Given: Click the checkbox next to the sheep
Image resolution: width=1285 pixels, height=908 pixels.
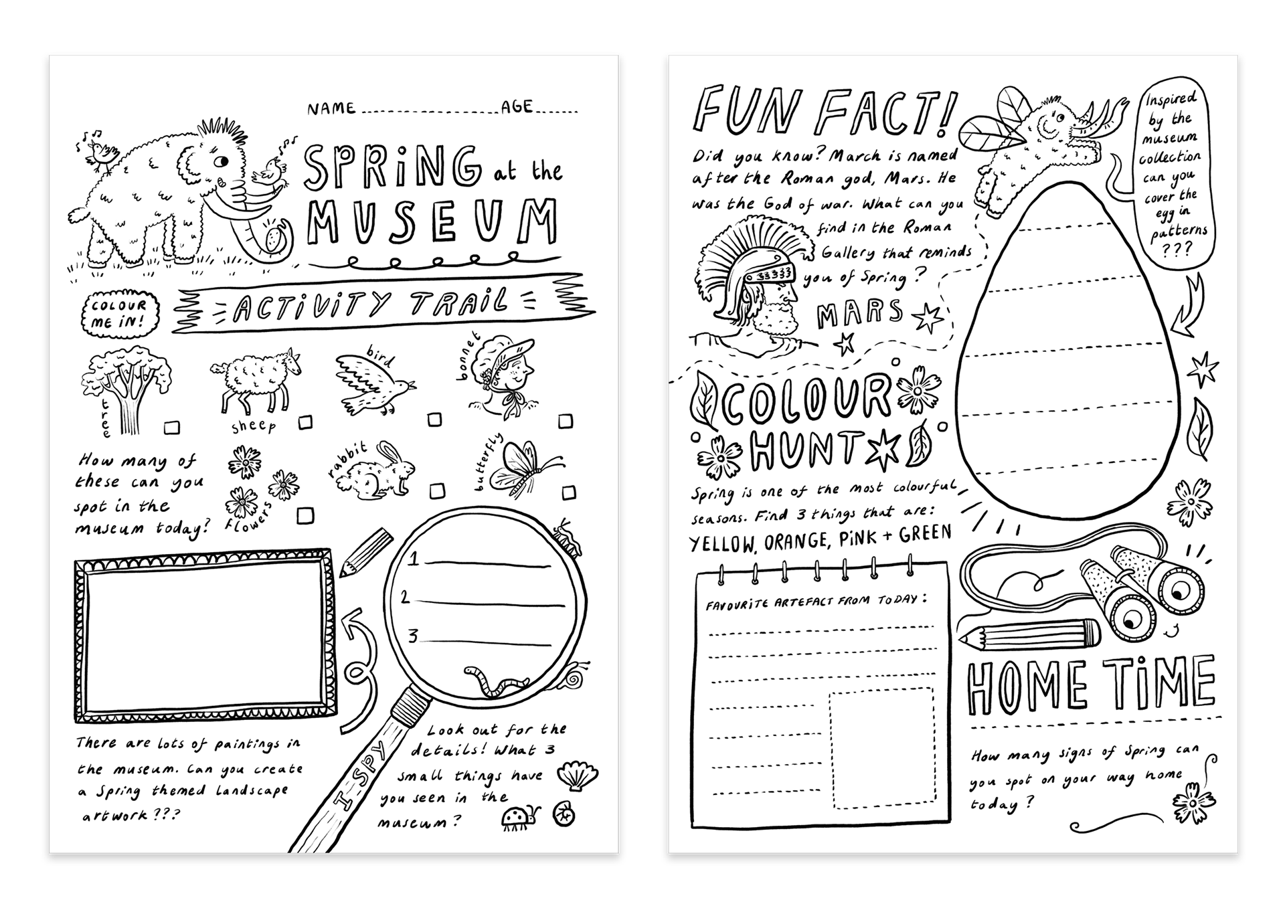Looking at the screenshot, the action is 305,422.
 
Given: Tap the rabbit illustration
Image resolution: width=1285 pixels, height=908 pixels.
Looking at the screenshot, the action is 375,470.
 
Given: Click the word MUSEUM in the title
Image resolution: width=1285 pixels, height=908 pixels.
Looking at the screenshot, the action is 432,221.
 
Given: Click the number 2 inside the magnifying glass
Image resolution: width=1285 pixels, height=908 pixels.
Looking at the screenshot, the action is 405,597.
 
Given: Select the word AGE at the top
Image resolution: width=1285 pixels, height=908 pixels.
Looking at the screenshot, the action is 517,107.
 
